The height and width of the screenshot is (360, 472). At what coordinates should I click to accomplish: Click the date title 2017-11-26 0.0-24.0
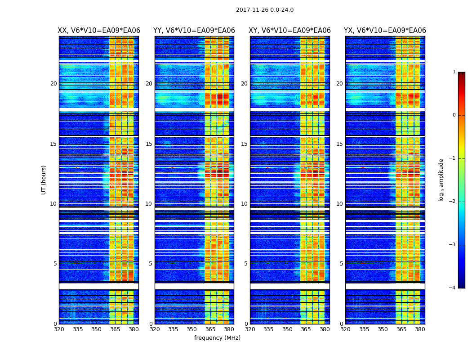[265, 10]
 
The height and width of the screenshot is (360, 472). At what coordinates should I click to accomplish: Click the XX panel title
[99, 31]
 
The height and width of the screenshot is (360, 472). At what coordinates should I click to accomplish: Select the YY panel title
[194, 31]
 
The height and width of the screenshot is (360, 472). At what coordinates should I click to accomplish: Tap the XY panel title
[290, 31]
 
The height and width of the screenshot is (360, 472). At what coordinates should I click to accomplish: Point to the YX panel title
[385, 31]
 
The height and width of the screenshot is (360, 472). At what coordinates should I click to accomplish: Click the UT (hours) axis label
[44, 180]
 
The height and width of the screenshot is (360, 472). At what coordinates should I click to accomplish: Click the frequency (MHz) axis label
[217, 338]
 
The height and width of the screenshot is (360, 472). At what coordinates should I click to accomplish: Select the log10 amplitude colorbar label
[441, 180]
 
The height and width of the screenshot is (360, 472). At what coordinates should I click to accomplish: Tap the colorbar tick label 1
[454, 72]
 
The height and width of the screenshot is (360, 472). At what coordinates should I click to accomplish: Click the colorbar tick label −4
[453, 288]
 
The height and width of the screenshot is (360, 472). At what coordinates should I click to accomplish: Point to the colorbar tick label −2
[453, 202]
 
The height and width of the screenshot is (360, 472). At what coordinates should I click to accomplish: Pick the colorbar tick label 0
[454, 115]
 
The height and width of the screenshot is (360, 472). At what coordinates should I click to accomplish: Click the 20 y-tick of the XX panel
[53, 84]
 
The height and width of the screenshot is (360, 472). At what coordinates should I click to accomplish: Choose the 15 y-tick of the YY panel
[149, 144]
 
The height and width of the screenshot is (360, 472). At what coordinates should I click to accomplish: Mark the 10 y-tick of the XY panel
[244, 204]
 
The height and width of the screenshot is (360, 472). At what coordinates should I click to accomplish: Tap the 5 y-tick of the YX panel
[341, 264]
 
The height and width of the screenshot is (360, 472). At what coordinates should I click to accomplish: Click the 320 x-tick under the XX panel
[59, 329]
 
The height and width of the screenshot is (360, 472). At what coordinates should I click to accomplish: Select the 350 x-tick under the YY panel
[192, 329]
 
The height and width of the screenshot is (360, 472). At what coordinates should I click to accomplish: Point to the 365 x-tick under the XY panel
[306, 329]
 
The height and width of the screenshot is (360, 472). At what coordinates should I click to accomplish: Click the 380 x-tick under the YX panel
[420, 329]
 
